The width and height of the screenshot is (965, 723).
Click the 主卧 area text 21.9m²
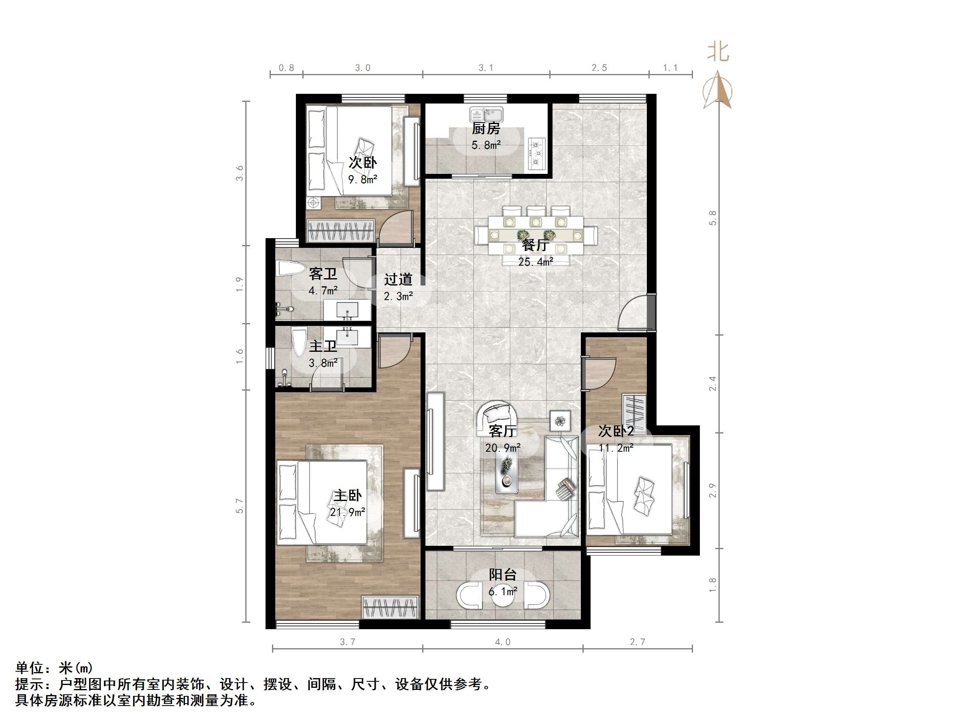(347, 512)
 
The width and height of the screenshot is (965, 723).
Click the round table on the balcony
(503, 599)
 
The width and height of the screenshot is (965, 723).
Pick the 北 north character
(718, 51)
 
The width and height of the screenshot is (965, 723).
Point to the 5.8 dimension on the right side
(712, 218)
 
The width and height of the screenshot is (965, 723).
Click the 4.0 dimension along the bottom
(503, 642)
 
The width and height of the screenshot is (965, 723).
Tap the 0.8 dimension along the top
(286, 68)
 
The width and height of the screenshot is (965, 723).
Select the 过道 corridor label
(398, 279)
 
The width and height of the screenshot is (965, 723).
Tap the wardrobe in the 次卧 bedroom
(341, 230)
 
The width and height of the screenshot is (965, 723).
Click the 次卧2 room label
(615, 431)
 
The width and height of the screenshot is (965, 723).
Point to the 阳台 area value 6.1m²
(503, 592)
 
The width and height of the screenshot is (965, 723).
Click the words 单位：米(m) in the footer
(54, 668)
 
